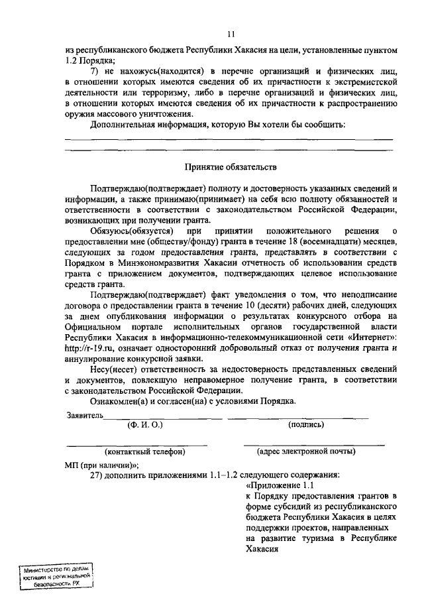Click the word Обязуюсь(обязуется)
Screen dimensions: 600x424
pyautogui.click(x=132, y=230)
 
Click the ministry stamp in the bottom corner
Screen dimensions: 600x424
pyautogui.click(x=55, y=577)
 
